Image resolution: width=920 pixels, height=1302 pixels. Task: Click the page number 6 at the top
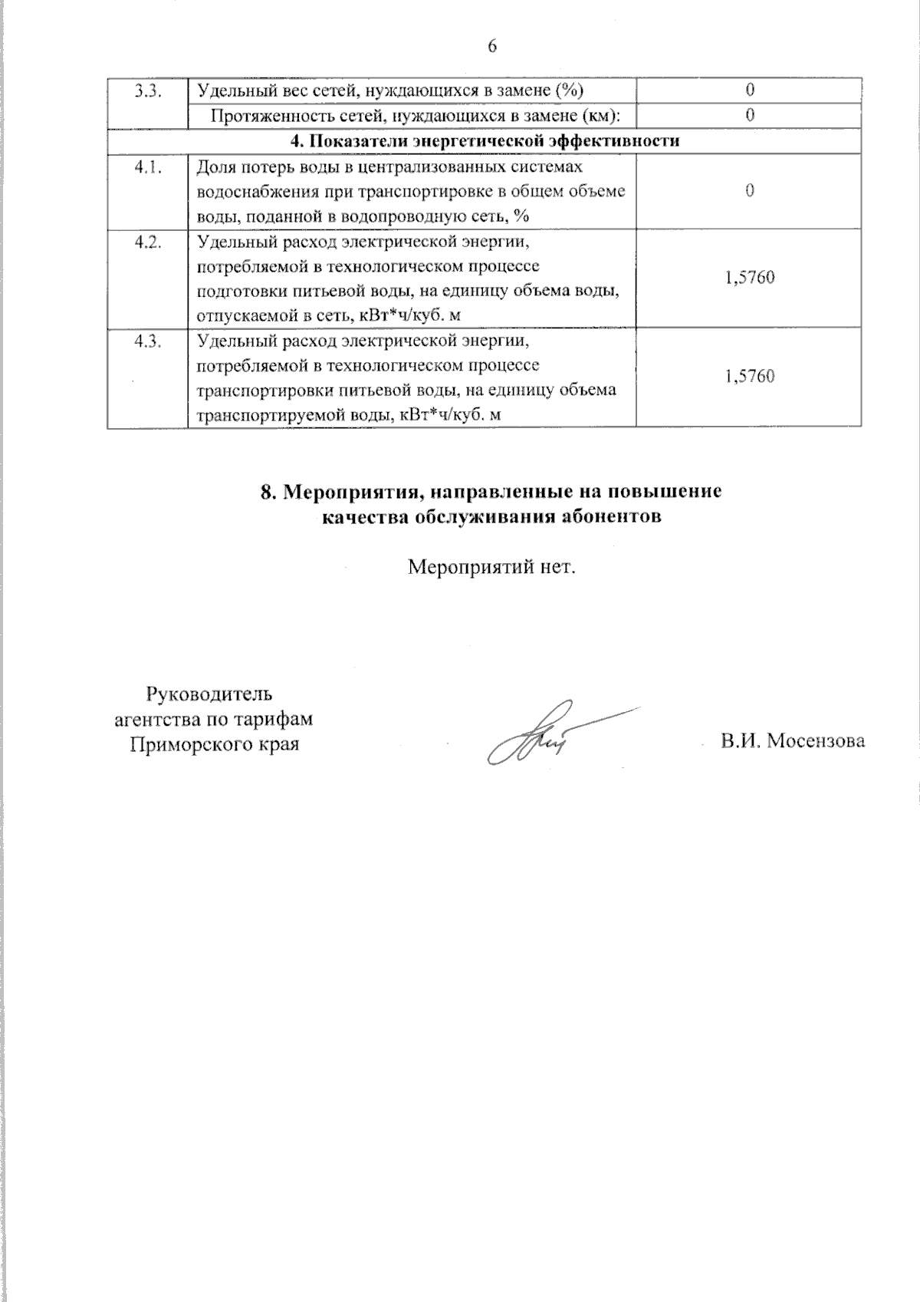point(491,47)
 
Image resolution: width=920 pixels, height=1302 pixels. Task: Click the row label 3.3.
point(146,91)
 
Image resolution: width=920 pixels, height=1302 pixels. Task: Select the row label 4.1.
point(146,168)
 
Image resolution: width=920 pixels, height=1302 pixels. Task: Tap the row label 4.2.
point(146,242)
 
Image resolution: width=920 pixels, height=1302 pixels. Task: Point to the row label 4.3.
point(146,342)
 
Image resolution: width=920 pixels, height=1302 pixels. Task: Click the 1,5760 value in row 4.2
point(749,277)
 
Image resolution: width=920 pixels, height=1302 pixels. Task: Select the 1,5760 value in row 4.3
point(749,377)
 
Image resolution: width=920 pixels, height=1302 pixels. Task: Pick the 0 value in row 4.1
point(749,191)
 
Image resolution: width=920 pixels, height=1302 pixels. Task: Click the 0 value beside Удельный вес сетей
point(750,91)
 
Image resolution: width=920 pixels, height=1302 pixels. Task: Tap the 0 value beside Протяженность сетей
point(750,115)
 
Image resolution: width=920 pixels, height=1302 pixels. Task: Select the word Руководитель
point(209,696)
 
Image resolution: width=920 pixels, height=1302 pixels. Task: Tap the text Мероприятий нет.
point(491,569)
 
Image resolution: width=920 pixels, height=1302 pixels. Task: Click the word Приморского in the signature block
point(184,744)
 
